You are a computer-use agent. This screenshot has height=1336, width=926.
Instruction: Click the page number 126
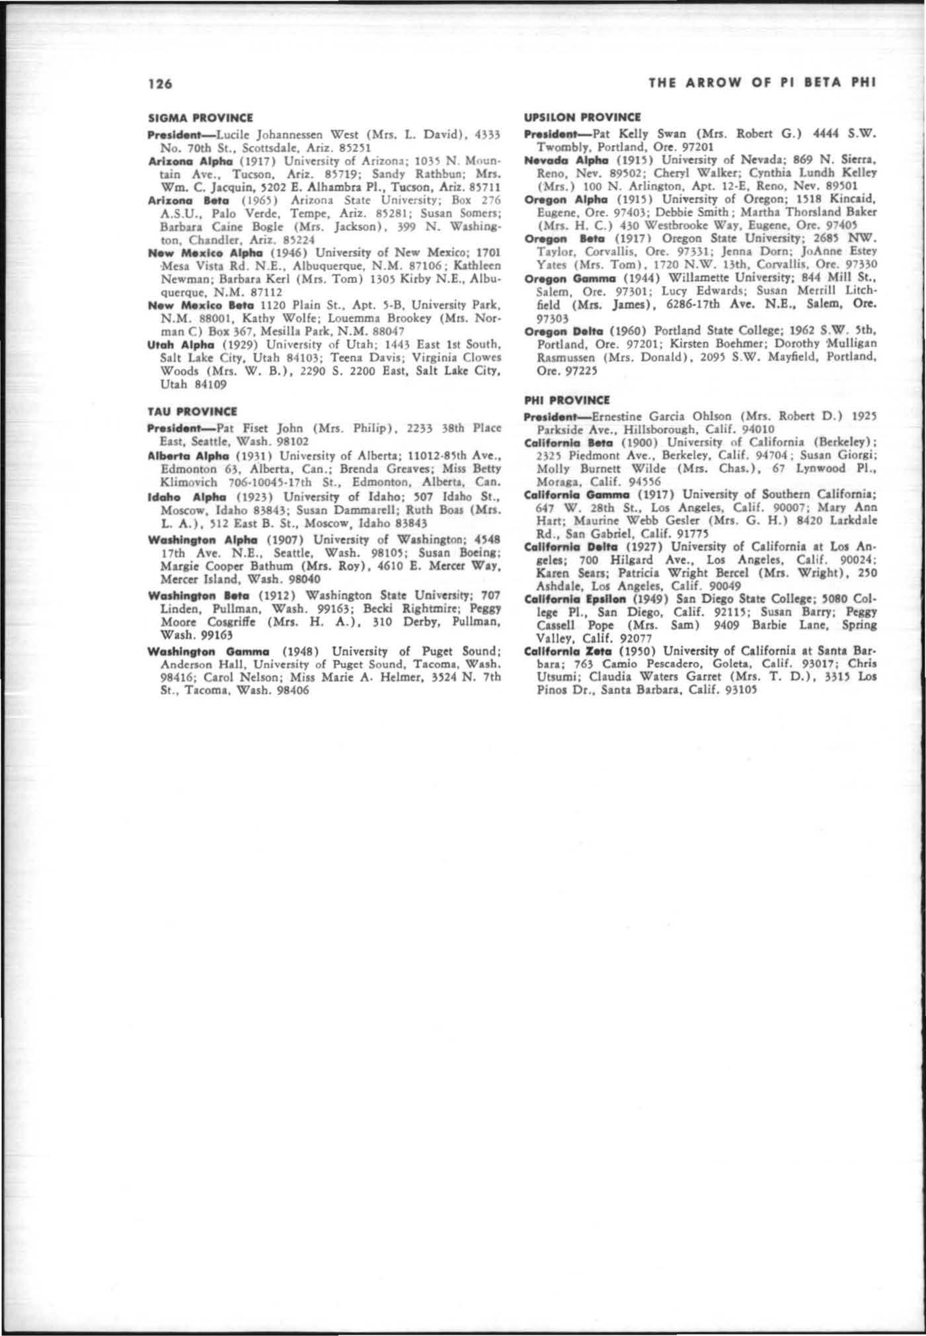coord(161,83)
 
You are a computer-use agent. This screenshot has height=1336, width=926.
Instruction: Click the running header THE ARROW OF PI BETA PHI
coord(762,83)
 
